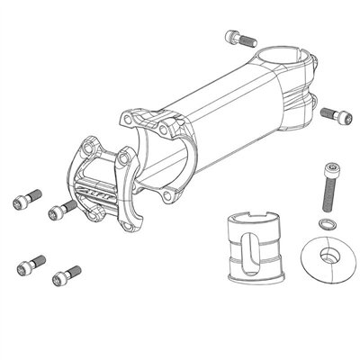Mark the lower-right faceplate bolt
[x=64, y=272]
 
